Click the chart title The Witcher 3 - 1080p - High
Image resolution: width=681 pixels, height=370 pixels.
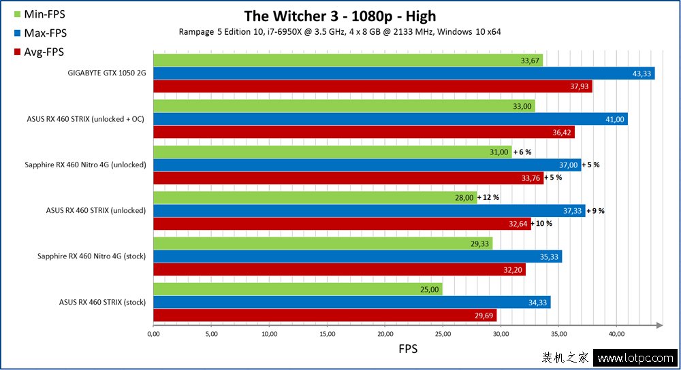(x=340, y=16)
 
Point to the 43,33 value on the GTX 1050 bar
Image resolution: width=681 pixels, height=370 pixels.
(x=640, y=73)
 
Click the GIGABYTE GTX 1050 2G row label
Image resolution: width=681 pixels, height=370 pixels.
(x=106, y=73)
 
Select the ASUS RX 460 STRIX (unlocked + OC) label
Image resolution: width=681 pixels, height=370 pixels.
(x=86, y=119)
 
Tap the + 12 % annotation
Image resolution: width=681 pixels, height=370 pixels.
(x=488, y=197)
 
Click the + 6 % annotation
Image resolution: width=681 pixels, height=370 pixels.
(x=522, y=152)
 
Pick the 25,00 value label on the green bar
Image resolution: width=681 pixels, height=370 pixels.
(x=428, y=290)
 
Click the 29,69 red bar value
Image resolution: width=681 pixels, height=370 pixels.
(x=483, y=316)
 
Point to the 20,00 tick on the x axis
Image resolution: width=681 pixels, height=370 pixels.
(x=385, y=335)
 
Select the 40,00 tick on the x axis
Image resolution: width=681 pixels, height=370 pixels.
(x=616, y=335)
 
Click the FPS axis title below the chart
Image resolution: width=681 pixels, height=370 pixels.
(x=407, y=350)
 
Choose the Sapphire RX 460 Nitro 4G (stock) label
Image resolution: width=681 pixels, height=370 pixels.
(x=91, y=256)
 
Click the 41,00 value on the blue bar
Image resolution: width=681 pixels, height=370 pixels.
(x=614, y=119)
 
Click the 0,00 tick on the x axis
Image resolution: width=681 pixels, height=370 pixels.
(x=153, y=335)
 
